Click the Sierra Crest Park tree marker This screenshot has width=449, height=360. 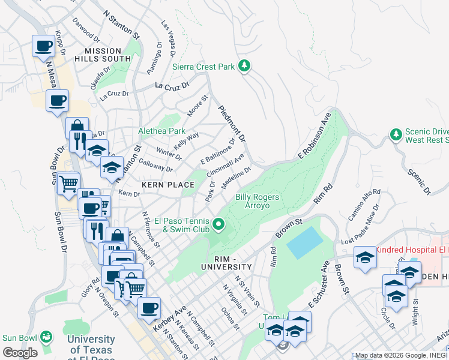244,66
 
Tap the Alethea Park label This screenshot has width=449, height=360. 162,131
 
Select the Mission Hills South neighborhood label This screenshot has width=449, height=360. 103,55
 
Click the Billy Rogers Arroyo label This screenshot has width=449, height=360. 261,201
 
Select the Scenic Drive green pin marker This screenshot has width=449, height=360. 396,134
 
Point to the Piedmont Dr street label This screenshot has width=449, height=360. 232,124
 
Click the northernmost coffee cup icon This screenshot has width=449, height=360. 44,46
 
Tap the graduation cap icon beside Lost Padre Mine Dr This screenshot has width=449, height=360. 365,258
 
